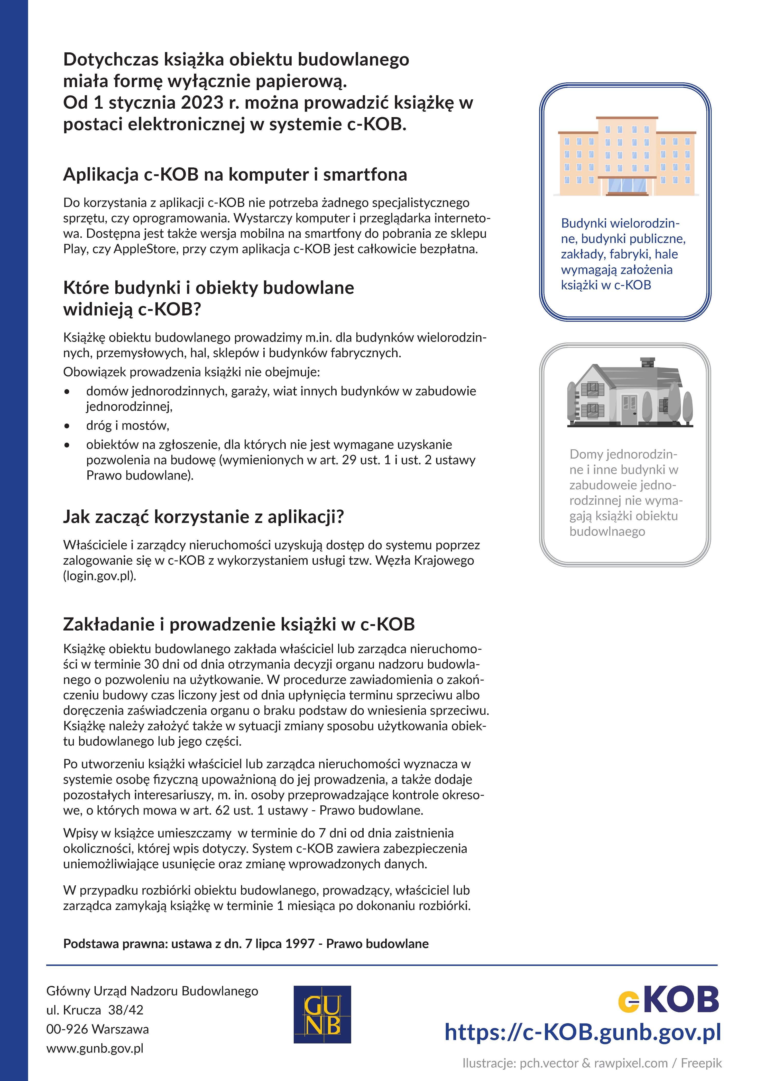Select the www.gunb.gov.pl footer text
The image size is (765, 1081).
point(95,1048)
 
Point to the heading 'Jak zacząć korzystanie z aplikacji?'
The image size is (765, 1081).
point(204,516)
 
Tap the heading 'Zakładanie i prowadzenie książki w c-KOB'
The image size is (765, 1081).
point(239,624)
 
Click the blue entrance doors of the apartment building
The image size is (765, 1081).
point(626,186)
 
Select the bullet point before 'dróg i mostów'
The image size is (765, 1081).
point(67,426)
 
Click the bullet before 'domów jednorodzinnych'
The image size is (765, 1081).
point(67,392)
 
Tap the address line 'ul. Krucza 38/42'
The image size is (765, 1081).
point(95,1010)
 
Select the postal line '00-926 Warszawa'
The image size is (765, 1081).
point(97,1029)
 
